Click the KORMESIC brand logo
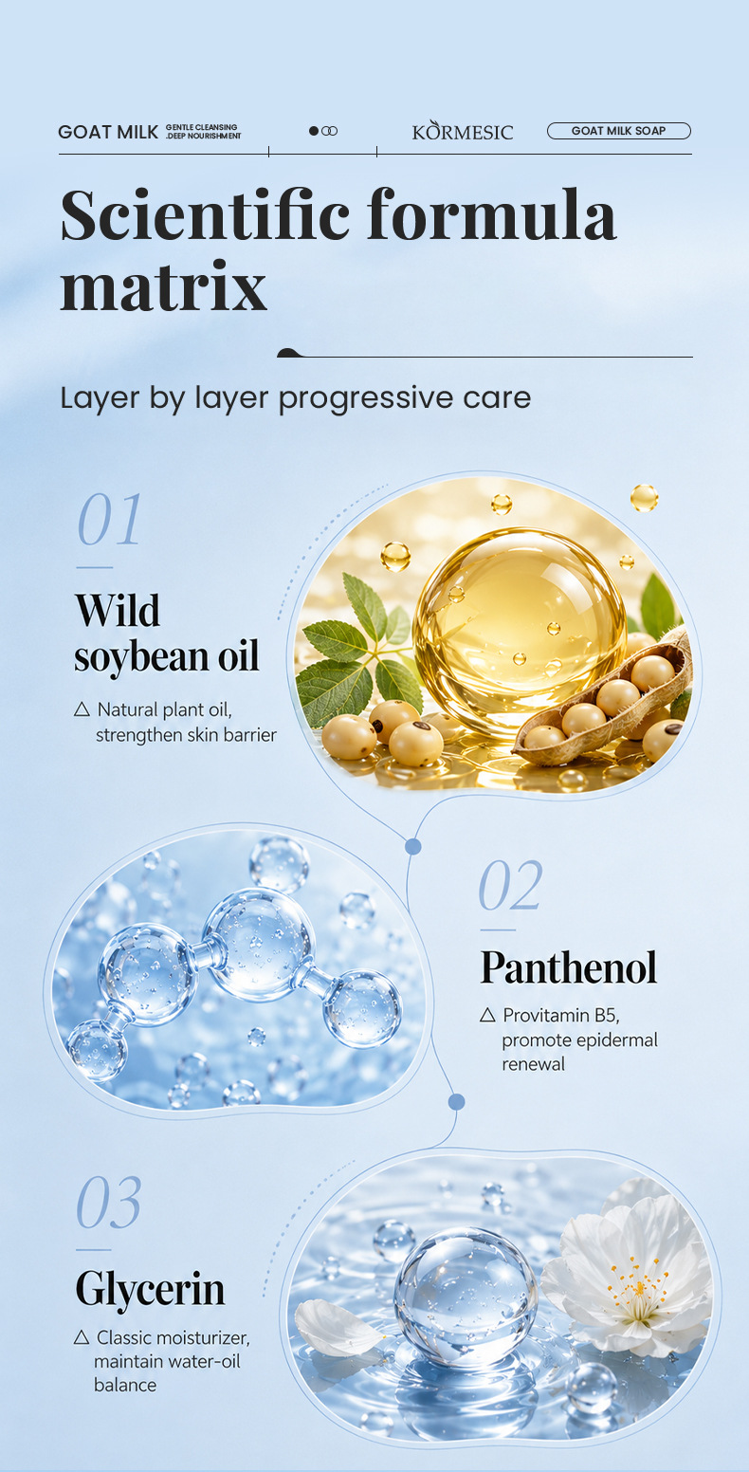(x=463, y=131)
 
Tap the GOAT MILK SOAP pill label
(x=619, y=131)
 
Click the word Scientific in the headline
(x=205, y=215)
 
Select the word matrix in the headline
(x=164, y=286)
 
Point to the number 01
(x=109, y=519)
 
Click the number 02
(x=510, y=885)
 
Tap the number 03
(x=109, y=1202)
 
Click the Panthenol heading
(x=569, y=967)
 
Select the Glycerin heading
(x=151, y=1289)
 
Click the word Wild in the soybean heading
(x=118, y=611)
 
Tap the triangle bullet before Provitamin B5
(x=487, y=1015)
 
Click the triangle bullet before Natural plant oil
(x=82, y=709)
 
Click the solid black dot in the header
(x=314, y=131)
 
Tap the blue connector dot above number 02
(x=413, y=846)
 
